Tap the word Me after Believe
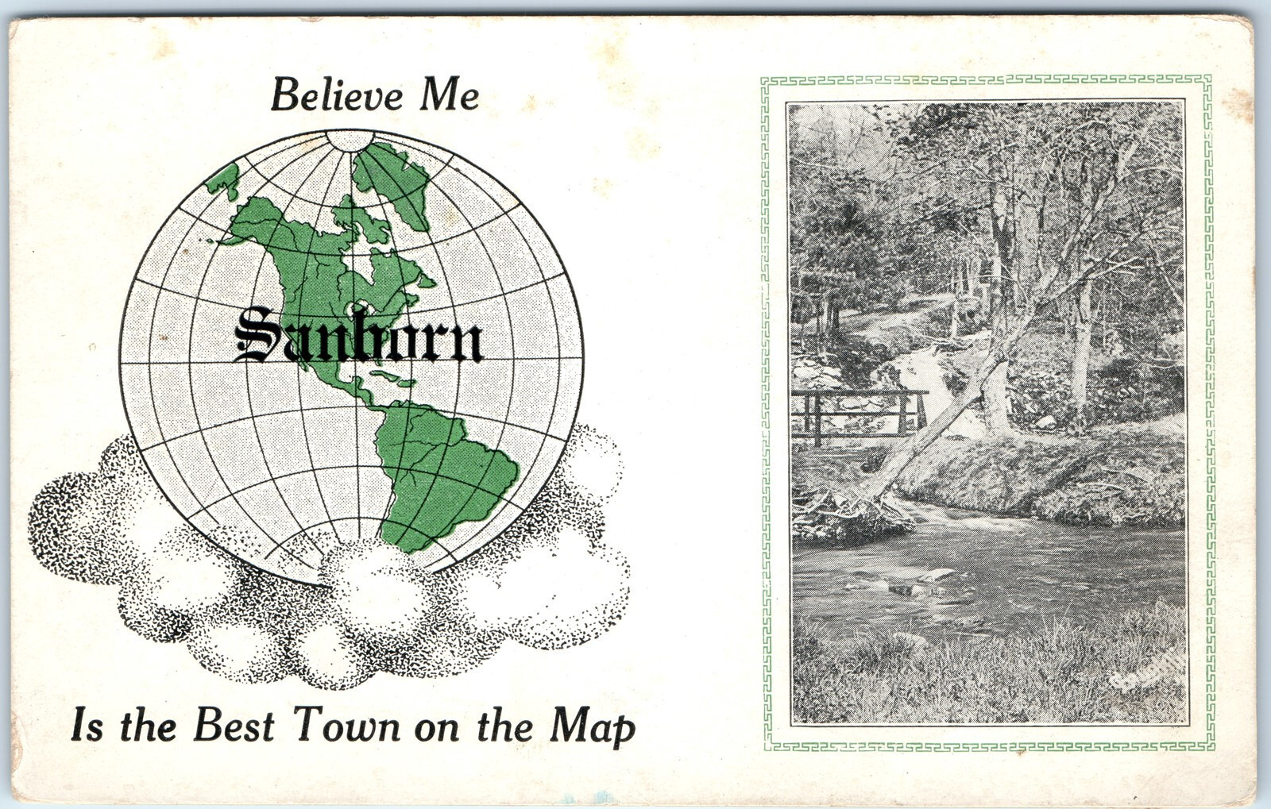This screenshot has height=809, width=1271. (x=449, y=95)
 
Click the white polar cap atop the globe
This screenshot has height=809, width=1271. (x=350, y=141)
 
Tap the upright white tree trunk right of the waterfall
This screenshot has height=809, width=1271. (x=1080, y=349)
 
